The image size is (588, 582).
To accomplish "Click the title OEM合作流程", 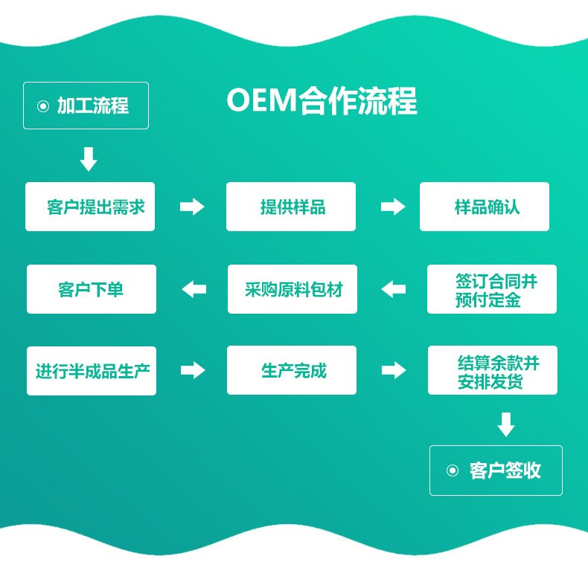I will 322,102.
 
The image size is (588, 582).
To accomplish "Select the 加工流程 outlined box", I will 86,106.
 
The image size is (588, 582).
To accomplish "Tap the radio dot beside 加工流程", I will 42,106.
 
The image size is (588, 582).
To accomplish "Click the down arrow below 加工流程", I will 89,159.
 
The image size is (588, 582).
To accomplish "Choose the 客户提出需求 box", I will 90,207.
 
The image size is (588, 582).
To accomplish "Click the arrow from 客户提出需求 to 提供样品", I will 192,207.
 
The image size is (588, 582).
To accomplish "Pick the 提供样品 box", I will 291,207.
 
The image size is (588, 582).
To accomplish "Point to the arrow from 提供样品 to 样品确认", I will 393,207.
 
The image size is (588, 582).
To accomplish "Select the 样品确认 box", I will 485,207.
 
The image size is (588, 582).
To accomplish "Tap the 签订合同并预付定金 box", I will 492,289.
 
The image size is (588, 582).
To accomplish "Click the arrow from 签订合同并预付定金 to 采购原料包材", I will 394,289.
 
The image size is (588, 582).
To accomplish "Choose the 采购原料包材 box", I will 293,289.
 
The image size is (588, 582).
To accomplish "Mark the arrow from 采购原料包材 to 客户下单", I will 194,289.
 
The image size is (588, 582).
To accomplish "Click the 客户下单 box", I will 92,289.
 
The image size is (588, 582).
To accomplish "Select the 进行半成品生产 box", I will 92,370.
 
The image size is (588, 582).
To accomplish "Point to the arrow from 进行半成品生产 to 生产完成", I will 193,370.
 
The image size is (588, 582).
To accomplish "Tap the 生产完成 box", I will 292,370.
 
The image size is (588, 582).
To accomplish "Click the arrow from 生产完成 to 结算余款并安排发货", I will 394,370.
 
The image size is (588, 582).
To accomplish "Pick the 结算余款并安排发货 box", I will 493,370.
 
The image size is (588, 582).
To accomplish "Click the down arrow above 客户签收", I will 506,424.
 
